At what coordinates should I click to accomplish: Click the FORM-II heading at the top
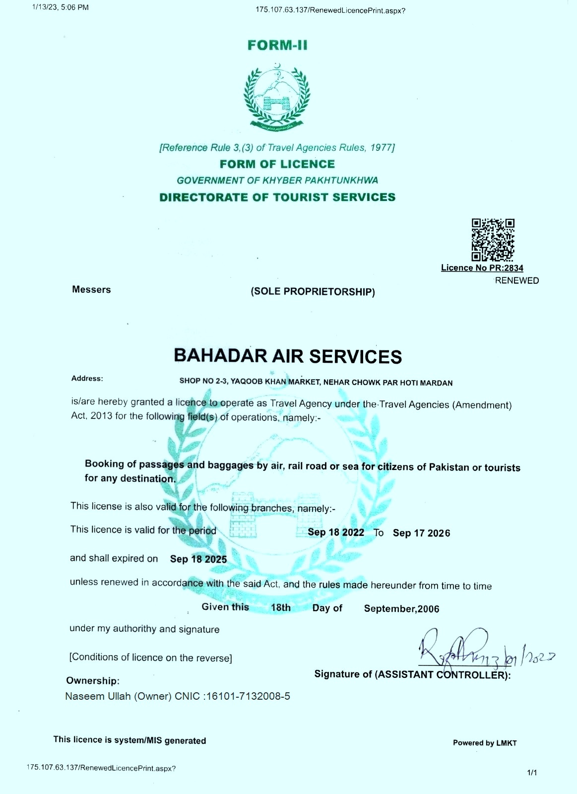277,45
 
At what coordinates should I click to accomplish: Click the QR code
492,240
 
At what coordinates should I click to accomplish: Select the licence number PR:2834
506,268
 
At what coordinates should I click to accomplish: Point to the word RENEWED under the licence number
516,280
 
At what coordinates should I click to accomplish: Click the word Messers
91,290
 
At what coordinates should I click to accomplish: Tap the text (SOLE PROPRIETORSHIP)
313,292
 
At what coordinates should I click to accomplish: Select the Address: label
87,379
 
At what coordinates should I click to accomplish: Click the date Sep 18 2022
336,532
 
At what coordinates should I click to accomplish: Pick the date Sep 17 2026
421,533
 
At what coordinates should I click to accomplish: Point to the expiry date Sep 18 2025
198,559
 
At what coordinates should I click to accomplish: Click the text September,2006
401,609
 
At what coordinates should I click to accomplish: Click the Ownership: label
93,681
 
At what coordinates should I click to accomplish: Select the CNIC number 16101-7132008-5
248,696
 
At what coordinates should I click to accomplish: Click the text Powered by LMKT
485,743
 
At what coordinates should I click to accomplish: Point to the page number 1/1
532,772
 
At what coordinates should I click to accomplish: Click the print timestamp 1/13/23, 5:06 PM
60,7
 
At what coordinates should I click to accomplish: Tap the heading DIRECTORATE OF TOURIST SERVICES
277,198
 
